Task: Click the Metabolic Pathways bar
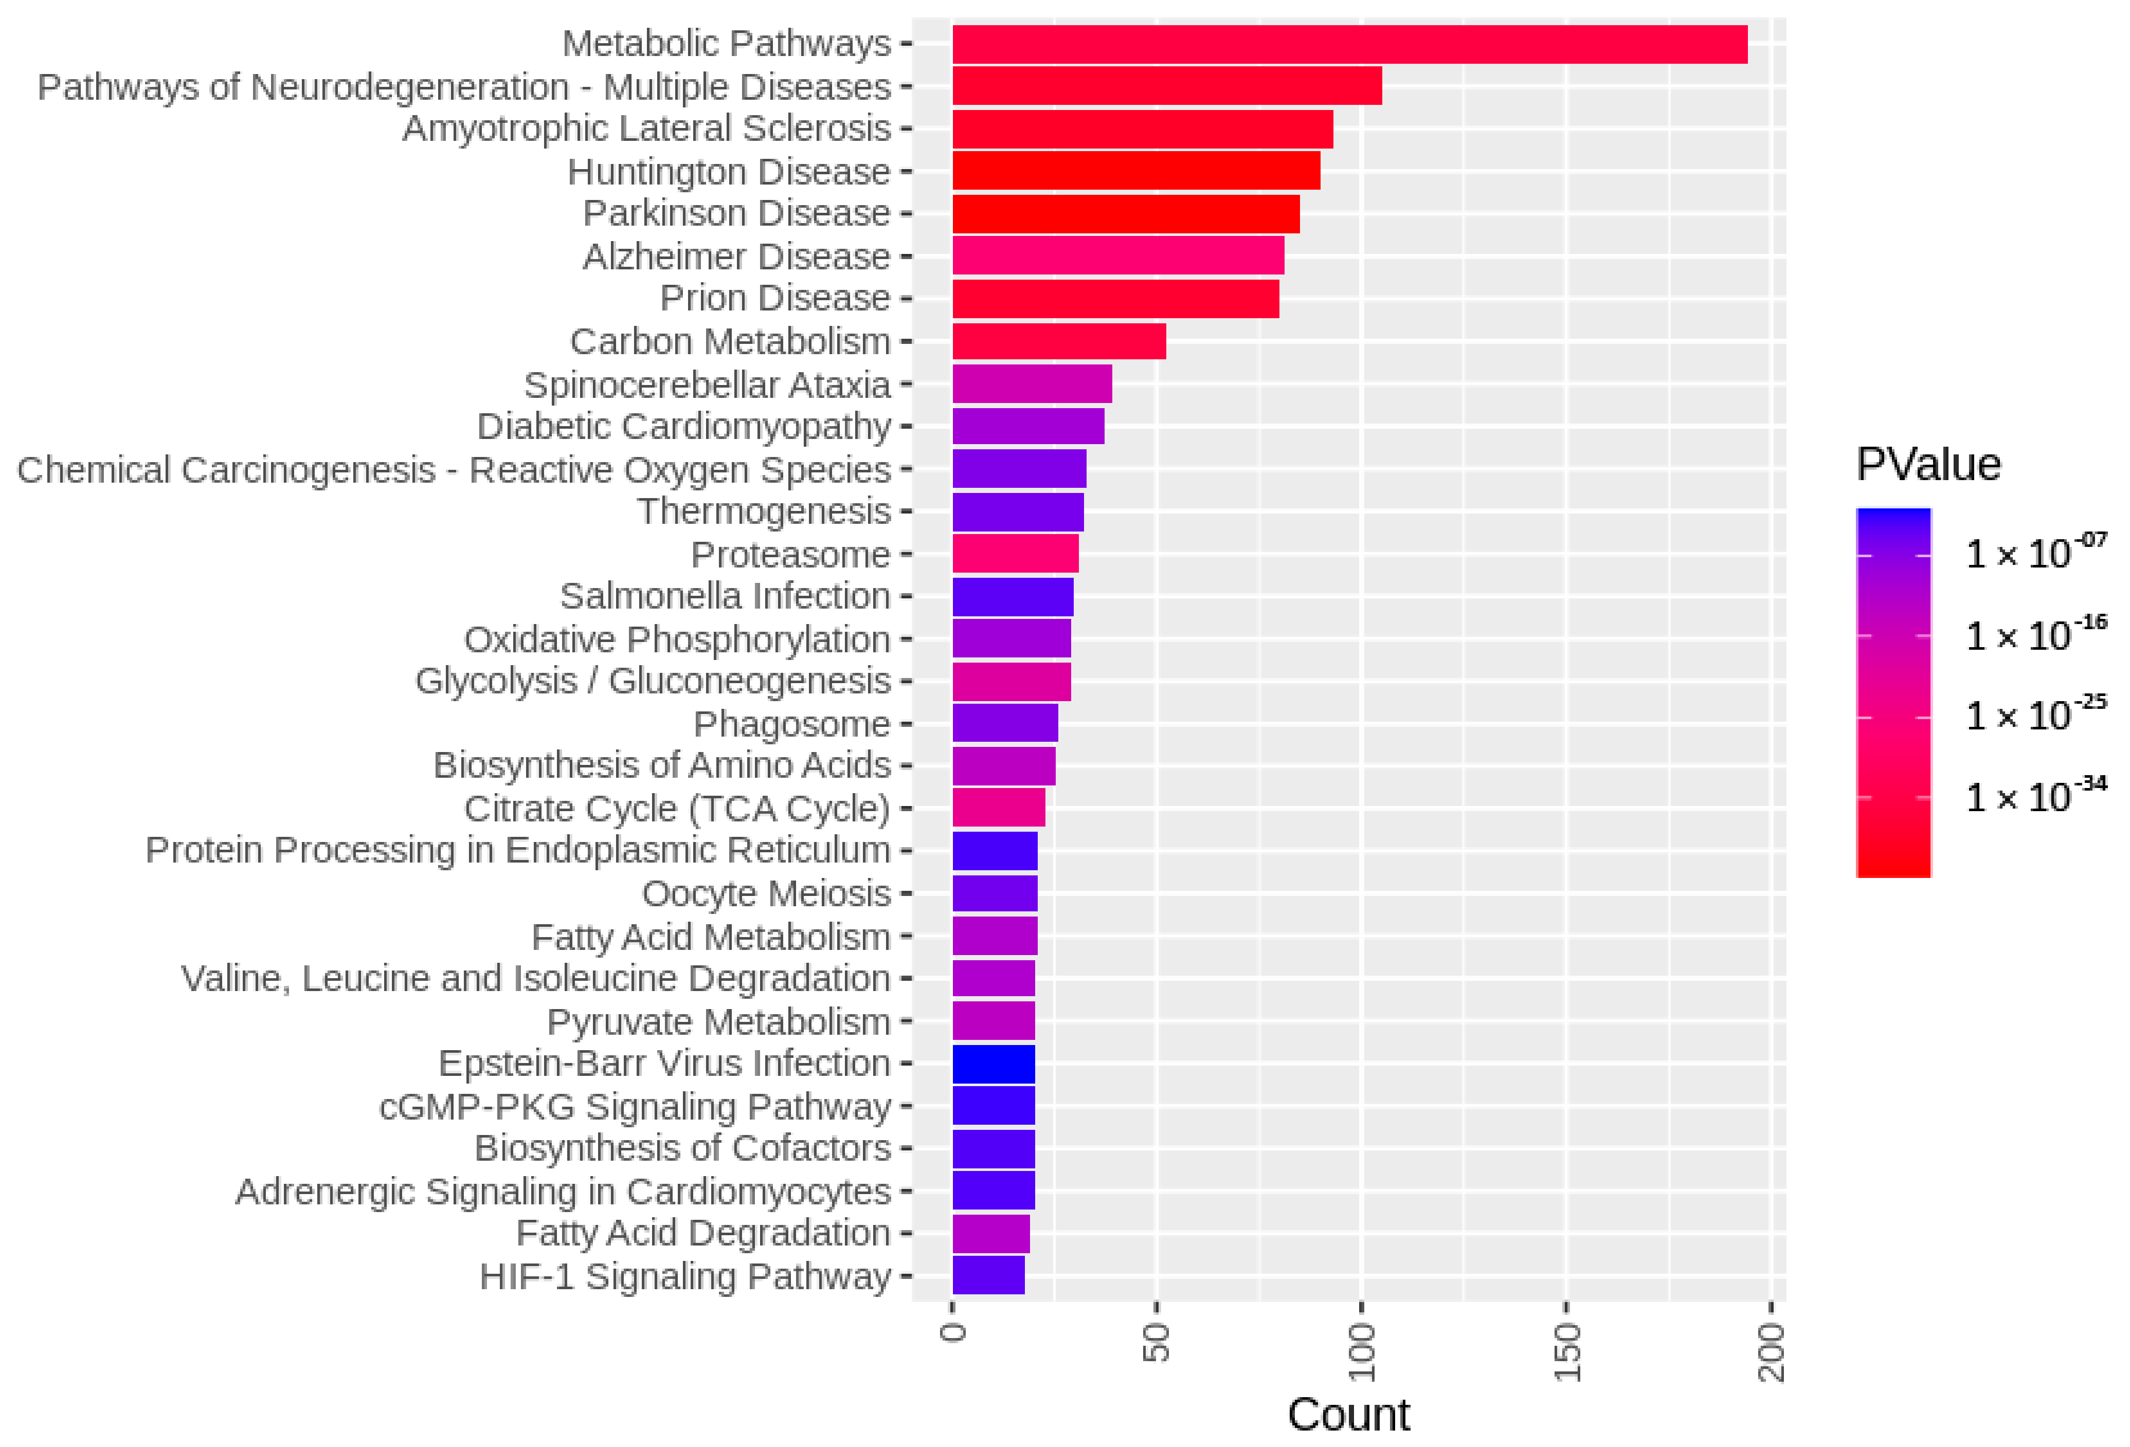point(1349,44)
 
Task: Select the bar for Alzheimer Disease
point(1118,255)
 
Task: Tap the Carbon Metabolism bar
point(1059,341)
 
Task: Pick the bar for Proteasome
point(1016,554)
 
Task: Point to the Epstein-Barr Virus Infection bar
point(994,1064)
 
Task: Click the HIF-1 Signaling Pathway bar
point(988,1276)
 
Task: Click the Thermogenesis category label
point(764,511)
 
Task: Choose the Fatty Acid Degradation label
point(703,1234)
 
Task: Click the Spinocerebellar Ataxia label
point(707,385)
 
